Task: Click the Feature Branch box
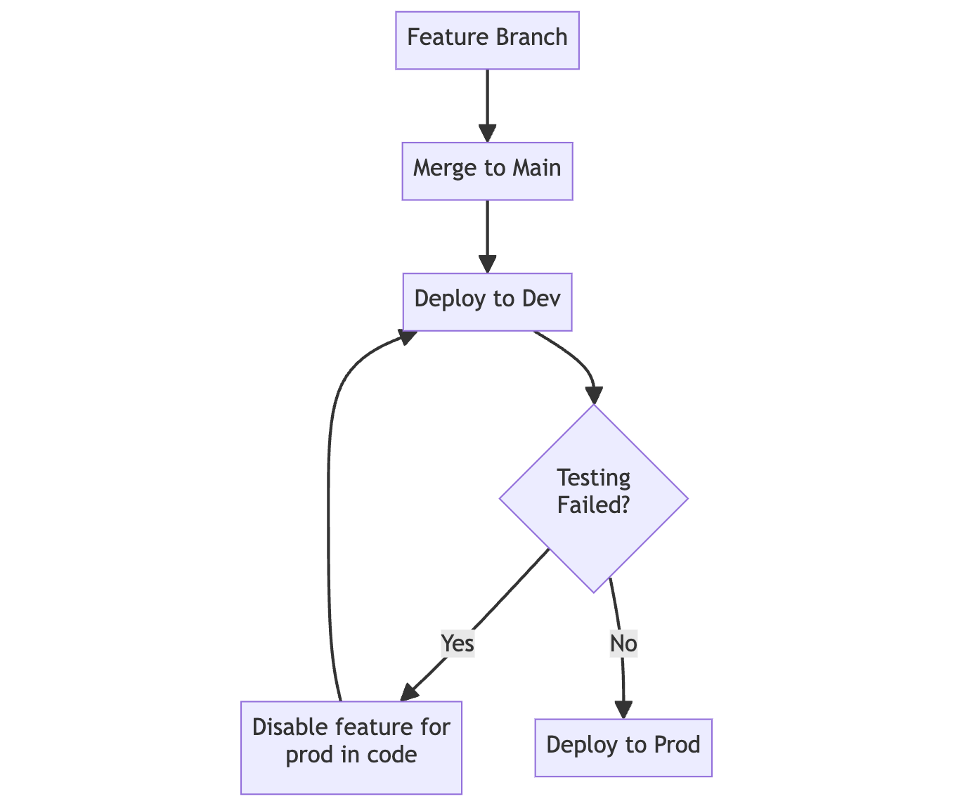coord(487,40)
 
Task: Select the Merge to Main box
coord(487,171)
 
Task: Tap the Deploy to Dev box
coord(487,301)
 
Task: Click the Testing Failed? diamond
coord(593,498)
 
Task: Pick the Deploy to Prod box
coord(623,747)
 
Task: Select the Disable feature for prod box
coord(351,747)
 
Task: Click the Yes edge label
coord(458,643)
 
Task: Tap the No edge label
coord(623,643)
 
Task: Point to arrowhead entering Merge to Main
coord(487,134)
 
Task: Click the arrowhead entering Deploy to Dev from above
coord(487,264)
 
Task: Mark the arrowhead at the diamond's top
coord(594,396)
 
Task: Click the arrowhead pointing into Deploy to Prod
coord(623,710)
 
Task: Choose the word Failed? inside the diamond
coord(593,505)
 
